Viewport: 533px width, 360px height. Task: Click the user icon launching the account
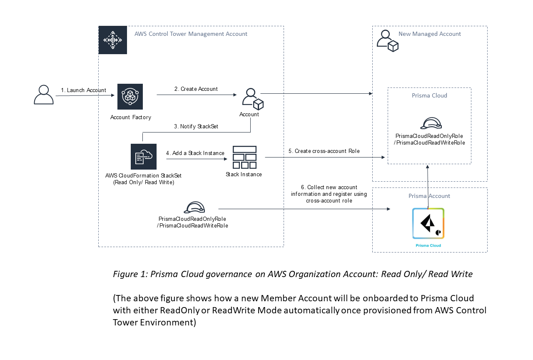(43, 95)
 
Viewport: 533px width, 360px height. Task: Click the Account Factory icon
(130, 97)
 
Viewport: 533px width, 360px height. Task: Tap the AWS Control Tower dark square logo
(112, 40)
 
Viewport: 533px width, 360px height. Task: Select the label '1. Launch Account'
(83, 90)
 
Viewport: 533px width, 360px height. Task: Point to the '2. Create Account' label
(196, 89)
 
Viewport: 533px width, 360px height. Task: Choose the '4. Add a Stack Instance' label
(195, 153)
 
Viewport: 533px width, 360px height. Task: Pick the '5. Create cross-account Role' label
(324, 151)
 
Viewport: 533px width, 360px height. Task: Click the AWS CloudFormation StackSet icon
(143, 157)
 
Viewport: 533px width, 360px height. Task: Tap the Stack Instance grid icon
(244, 157)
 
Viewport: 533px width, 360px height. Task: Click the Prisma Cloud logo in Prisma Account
(428, 224)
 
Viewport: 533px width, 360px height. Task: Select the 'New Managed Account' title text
(430, 34)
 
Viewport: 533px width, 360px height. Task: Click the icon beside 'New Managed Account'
(388, 40)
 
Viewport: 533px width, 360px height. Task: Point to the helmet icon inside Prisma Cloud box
(430, 123)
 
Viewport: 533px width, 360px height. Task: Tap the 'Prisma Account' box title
(429, 196)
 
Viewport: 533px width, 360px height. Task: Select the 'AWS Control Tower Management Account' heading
(191, 34)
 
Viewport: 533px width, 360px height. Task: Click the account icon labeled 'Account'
(252, 99)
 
